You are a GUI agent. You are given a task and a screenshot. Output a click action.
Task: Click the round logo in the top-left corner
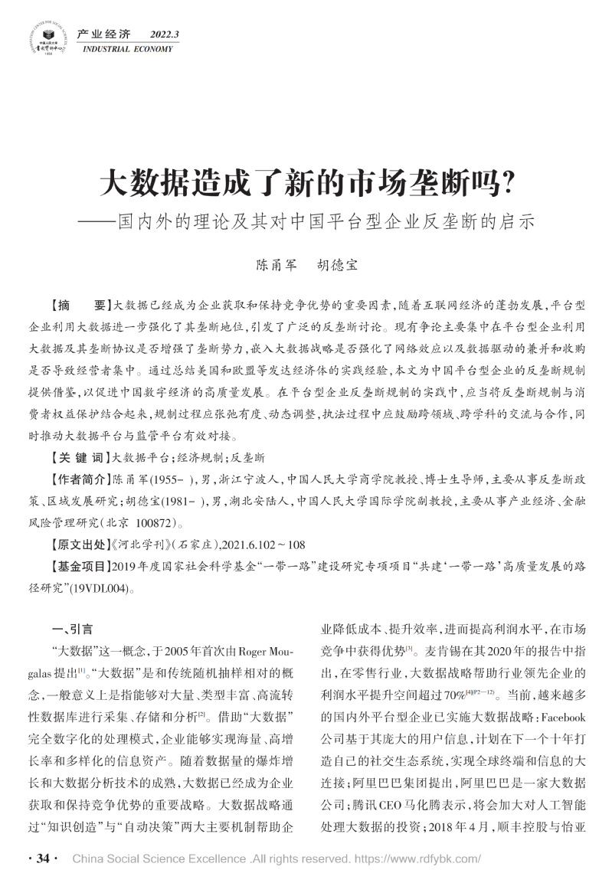[x=47, y=38]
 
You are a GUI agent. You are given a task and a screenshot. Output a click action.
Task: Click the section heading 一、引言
[x=71, y=630]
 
